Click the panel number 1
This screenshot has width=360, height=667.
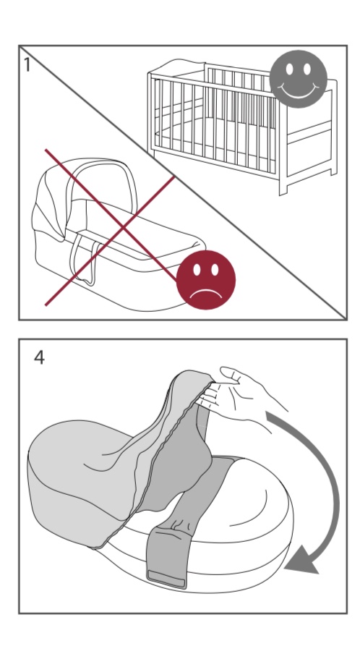pos(27,65)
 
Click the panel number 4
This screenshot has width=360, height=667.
pos(39,358)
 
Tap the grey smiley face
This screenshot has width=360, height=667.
pos(299,79)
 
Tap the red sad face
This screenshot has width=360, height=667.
pos(206,279)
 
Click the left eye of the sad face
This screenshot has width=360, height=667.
pos(197,270)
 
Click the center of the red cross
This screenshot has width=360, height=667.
pos(124,227)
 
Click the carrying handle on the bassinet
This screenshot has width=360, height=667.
pos(84,260)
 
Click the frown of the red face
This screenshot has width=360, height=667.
pos(206,293)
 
